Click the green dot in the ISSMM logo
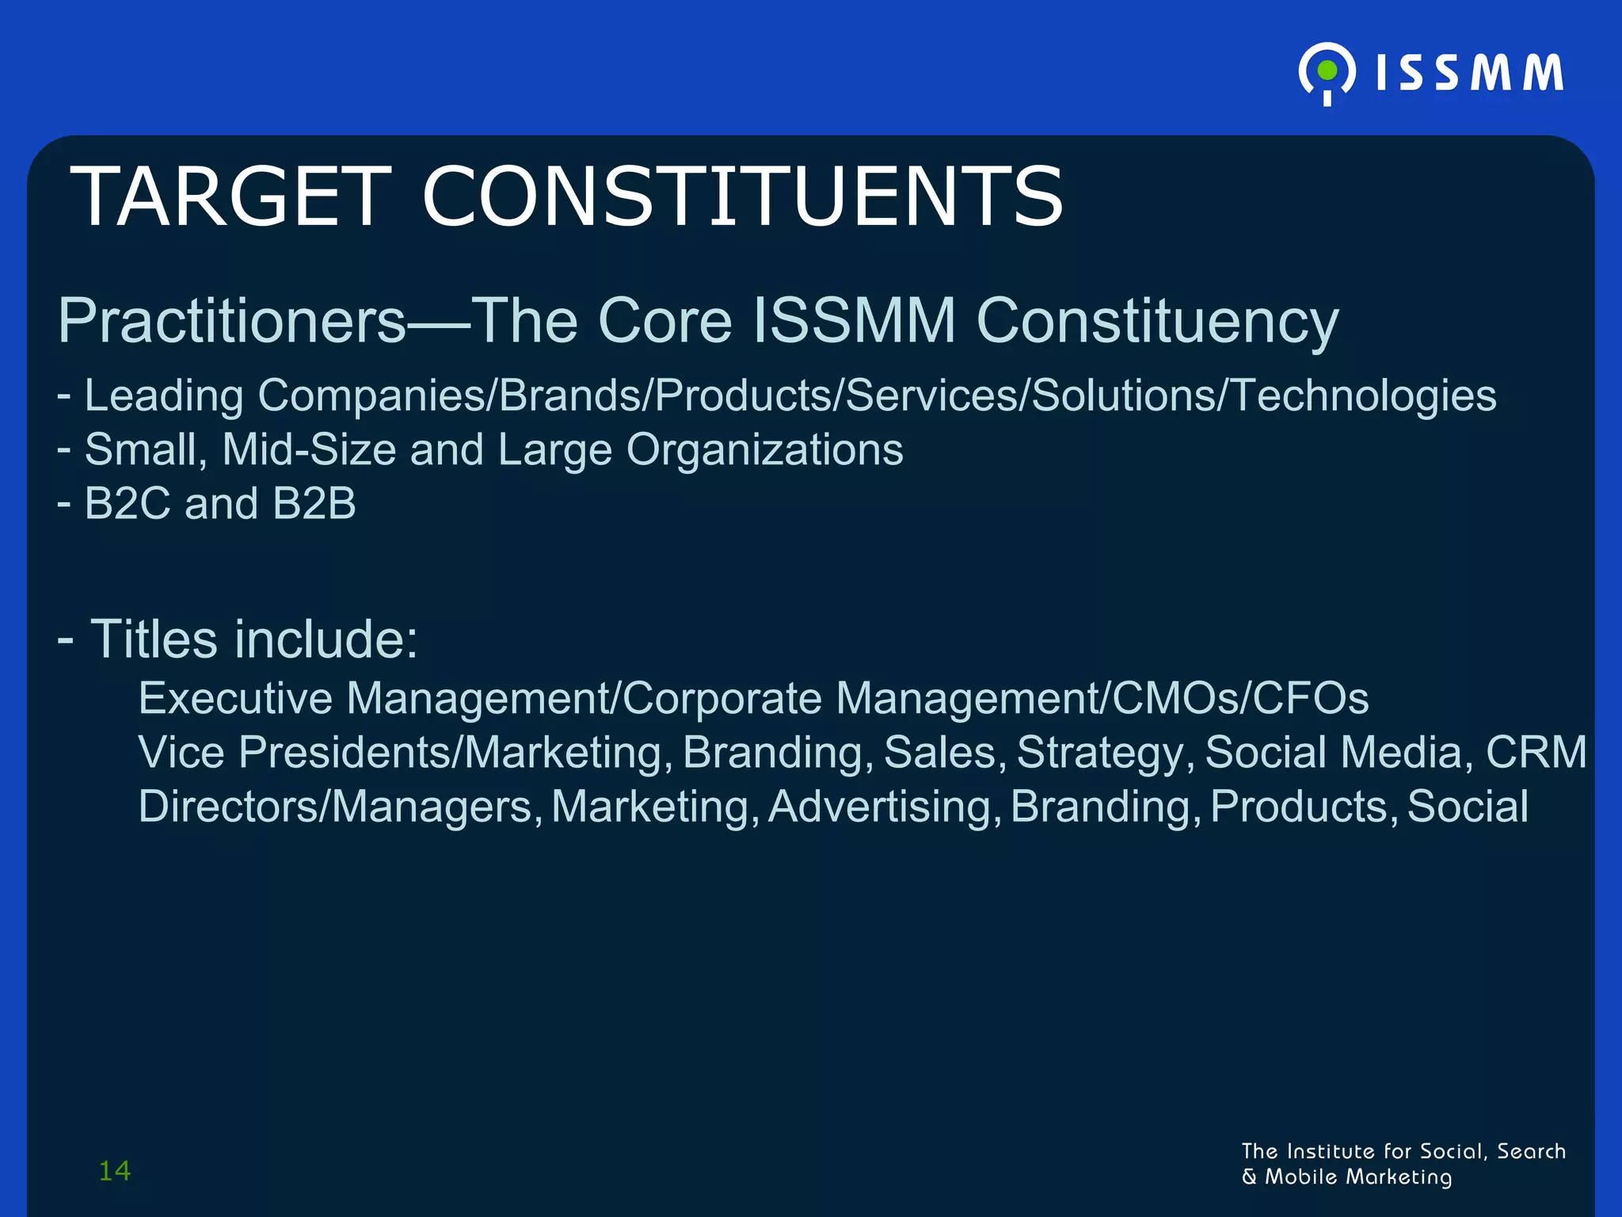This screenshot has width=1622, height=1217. point(1327,71)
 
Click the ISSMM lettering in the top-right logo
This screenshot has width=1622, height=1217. point(1469,73)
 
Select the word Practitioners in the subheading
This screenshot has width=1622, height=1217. point(232,321)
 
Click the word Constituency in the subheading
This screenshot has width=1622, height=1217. point(1157,321)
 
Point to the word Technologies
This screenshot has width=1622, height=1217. point(1363,395)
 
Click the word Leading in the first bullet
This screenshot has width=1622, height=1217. point(164,395)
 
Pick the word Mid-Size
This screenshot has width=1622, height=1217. point(309,450)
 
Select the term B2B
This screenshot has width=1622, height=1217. point(314,503)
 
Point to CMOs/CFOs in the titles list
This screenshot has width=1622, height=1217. point(1239,698)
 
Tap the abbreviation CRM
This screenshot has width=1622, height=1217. point(1536,752)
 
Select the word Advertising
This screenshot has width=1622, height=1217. point(879,807)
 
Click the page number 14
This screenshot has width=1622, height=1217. point(115,1170)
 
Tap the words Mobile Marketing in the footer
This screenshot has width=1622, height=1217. point(1357,1177)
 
